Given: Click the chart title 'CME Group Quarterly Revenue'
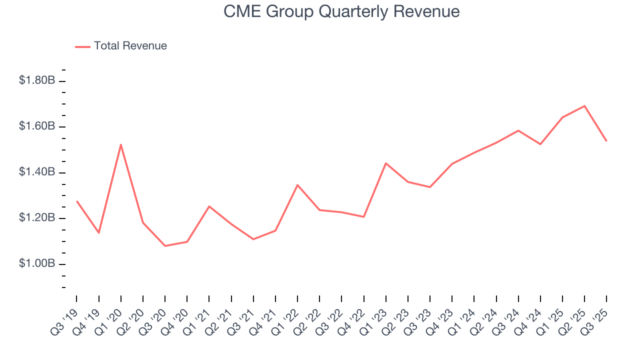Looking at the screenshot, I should point(341,11).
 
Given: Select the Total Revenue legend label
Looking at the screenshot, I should point(130,46).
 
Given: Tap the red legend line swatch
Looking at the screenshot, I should point(82,46).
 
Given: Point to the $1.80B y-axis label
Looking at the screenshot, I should point(36,80).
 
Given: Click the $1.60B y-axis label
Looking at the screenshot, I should point(36,126).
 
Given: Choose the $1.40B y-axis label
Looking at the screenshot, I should point(36,172).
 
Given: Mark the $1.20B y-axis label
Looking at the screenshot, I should point(36,218).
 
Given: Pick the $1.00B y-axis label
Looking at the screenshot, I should point(36,264).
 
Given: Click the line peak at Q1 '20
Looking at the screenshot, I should point(121,144).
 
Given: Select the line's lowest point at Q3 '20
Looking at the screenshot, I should point(165,246).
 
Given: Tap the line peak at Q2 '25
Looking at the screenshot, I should point(584,106).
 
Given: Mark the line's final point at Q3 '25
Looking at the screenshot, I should point(606,141).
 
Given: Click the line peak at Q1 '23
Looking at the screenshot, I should point(386,163).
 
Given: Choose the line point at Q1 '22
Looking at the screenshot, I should point(297,185).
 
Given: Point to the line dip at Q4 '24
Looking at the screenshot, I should point(540,144).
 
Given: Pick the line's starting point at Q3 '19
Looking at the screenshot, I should point(77,201).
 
